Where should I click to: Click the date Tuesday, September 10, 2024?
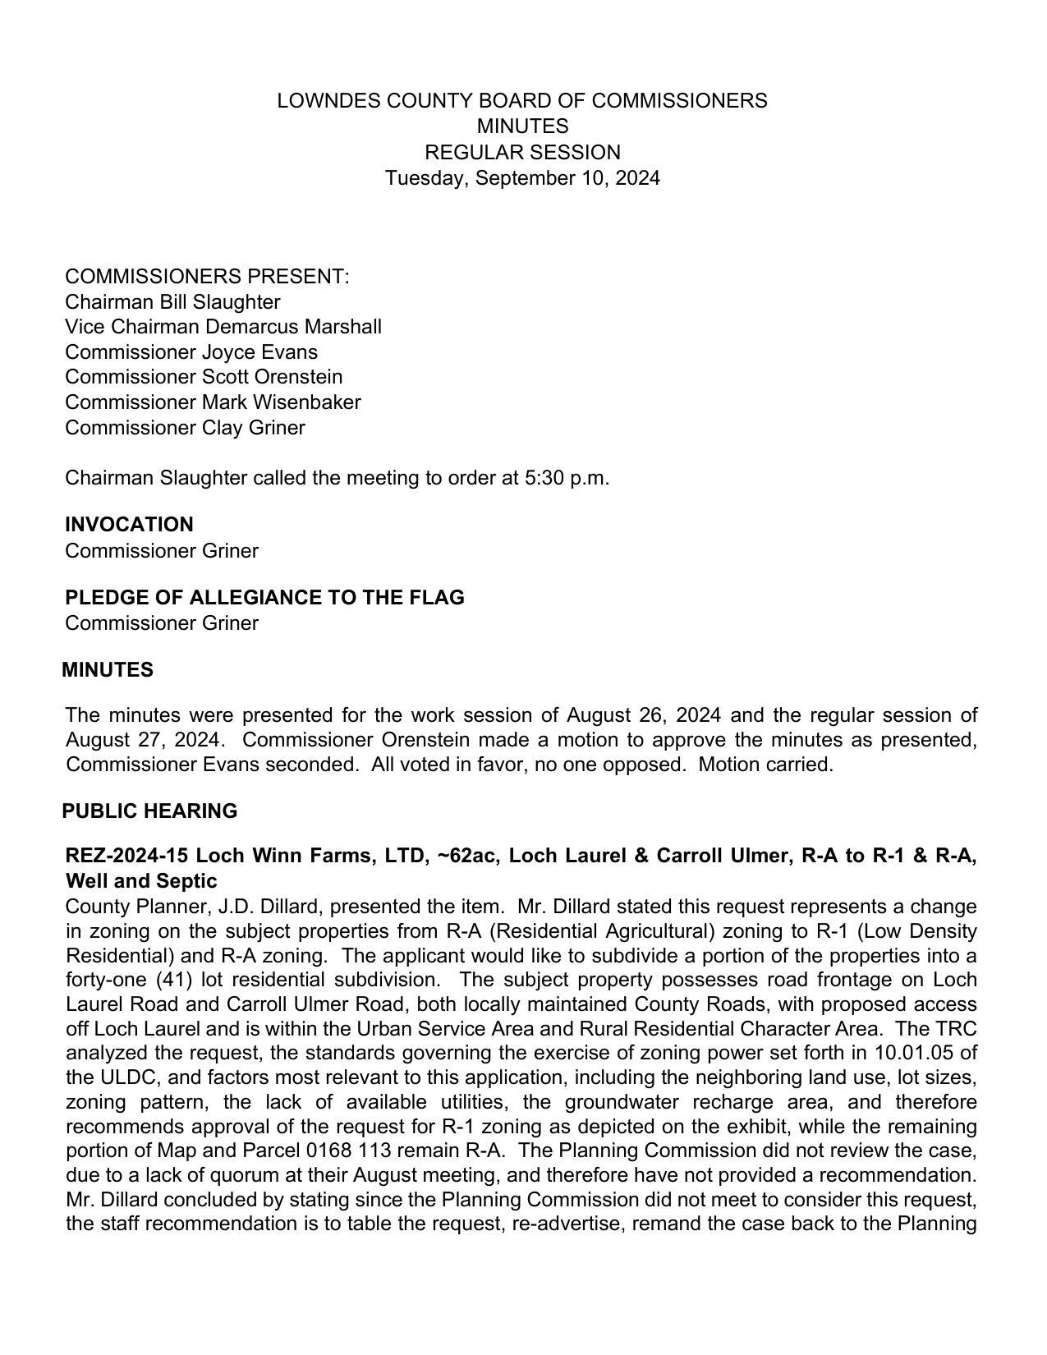[522, 178]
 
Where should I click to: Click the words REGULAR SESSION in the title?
[522, 153]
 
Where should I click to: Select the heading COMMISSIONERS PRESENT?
[207, 277]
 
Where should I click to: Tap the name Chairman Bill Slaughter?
[172, 302]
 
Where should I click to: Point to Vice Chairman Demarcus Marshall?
[223, 327]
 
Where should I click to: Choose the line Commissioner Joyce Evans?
[191, 352]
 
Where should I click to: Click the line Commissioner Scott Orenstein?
[204, 377]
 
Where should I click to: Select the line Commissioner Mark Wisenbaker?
[213, 402]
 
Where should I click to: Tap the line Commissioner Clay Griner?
[185, 428]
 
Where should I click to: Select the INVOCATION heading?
[129, 525]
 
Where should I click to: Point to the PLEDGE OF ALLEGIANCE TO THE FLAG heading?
[264, 598]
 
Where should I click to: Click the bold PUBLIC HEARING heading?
[149, 811]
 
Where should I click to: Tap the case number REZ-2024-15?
[126, 856]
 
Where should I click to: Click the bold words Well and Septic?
[140, 881]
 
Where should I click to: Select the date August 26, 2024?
[644, 715]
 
